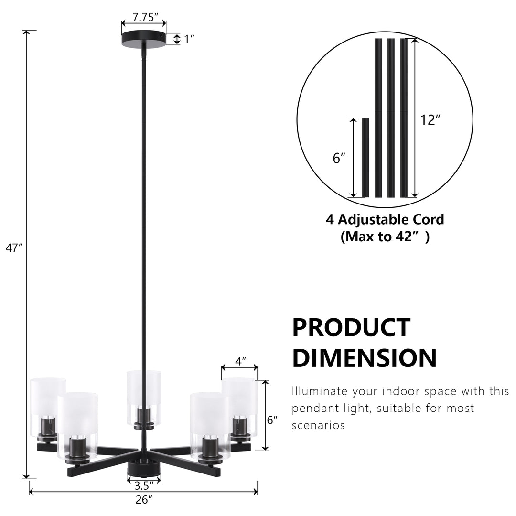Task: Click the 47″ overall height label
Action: coord(14,248)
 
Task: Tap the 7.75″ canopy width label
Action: coord(145,17)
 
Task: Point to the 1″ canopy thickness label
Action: coord(189,39)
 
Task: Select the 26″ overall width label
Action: coord(144,500)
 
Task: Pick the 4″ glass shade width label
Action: coord(240,361)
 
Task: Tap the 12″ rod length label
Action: coord(430,120)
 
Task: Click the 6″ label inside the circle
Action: coord(339,158)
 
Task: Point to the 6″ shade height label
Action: coord(272,420)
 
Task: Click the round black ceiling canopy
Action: coord(144,39)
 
